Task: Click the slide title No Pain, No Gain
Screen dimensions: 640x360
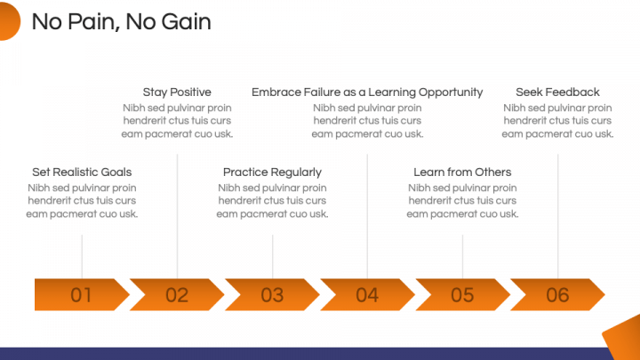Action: (x=121, y=21)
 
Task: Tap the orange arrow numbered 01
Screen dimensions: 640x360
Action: (x=82, y=295)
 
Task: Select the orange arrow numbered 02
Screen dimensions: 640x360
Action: (x=177, y=295)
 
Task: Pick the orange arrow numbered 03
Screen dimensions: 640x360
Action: (x=272, y=295)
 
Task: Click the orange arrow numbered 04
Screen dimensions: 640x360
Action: (x=367, y=295)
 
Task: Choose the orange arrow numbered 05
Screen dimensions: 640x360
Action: (x=462, y=295)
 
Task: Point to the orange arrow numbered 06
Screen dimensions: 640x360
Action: (x=557, y=295)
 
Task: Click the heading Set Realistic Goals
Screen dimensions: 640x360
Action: (x=82, y=172)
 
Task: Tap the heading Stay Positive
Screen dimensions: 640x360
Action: (x=177, y=92)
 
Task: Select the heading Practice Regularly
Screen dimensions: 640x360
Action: (x=272, y=172)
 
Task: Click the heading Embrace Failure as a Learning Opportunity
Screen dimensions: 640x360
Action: (x=367, y=92)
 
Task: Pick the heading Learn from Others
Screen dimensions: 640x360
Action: (x=462, y=172)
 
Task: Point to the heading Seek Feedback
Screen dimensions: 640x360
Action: (x=557, y=92)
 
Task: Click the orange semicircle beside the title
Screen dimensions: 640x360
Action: (x=9, y=20)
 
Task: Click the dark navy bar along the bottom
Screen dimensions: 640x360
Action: (x=306, y=354)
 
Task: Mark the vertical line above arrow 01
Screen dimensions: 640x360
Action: (x=82, y=257)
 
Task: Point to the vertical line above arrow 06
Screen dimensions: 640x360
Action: (x=558, y=216)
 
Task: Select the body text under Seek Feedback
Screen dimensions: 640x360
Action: (x=557, y=121)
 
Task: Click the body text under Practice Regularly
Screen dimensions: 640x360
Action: (x=272, y=201)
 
